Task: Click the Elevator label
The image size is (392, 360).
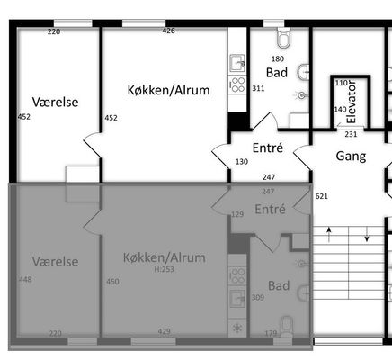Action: coord(351,102)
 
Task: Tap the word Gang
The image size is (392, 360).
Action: coord(351,157)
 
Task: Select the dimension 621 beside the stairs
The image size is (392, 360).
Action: coord(322,196)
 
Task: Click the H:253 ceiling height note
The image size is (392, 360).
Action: coord(165,269)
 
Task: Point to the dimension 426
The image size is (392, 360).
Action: coord(168,31)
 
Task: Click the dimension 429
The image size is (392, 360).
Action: coord(165,331)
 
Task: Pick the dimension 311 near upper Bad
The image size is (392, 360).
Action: coord(258,88)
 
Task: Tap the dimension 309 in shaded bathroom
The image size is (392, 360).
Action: coord(258,298)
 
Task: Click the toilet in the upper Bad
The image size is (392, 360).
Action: coord(284,38)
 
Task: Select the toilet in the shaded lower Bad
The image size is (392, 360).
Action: coord(287,327)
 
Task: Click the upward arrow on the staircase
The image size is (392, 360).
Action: coord(329,235)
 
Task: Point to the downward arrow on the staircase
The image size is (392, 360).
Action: coord(367,235)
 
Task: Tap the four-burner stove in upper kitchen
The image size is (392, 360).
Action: coord(237,85)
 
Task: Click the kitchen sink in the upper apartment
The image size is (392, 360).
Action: coord(237,64)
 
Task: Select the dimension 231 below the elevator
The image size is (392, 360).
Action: coord(351,134)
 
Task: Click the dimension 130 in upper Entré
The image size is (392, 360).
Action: coord(242,162)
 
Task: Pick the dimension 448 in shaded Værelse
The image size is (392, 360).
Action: coord(25,280)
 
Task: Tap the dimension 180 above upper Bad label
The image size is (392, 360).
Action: coord(278,58)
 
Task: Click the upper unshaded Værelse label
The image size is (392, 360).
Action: coord(56,102)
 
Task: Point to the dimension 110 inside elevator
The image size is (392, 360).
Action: coord(342,83)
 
